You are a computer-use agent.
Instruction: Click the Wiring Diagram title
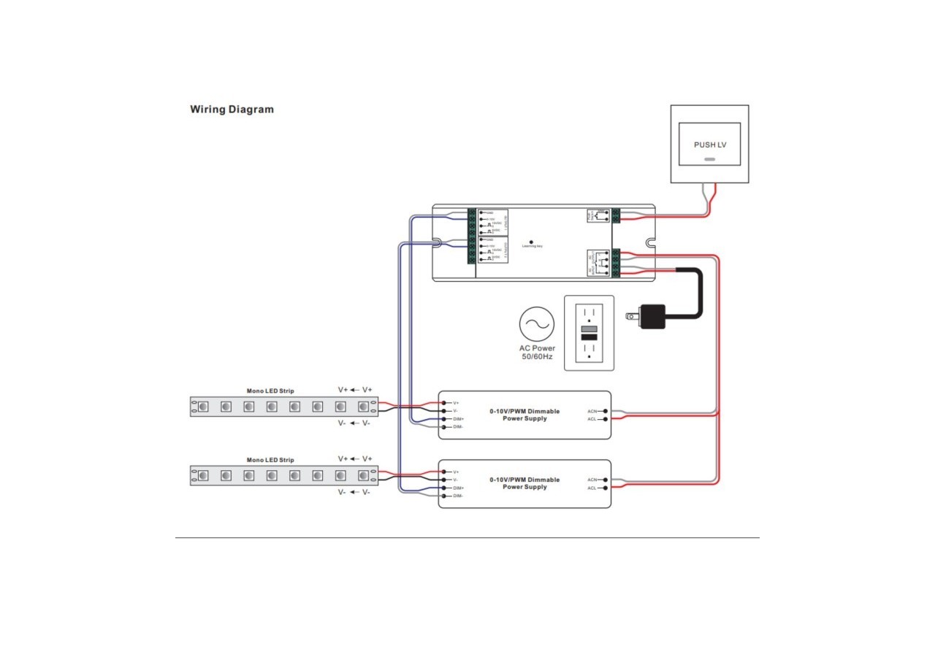click(x=232, y=109)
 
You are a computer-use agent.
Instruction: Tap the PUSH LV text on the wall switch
click(x=710, y=145)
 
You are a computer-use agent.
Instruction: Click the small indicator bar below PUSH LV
click(x=709, y=158)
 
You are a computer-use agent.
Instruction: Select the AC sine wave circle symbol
click(x=538, y=325)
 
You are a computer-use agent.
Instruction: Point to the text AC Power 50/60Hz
click(x=538, y=353)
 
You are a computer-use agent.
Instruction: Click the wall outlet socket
click(x=589, y=333)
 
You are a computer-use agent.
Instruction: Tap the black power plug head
click(x=650, y=316)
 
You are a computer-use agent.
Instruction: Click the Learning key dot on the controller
click(x=531, y=241)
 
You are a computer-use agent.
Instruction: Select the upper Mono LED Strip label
click(x=270, y=391)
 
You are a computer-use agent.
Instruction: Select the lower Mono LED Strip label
click(x=270, y=460)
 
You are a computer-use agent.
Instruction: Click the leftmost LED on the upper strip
click(x=203, y=407)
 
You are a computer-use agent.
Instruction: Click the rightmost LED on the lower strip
click(x=363, y=475)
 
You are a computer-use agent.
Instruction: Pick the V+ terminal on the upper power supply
click(x=444, y=403)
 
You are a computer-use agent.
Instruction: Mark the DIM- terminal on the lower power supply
click(x=444, y=496)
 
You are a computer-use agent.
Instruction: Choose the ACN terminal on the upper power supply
click(x=606, y=412)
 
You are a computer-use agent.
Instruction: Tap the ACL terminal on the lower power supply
click(x=606, y=488)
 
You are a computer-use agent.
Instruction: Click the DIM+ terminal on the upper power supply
click(x=444, y=419)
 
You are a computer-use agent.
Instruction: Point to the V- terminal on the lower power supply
click(x=444, y=480)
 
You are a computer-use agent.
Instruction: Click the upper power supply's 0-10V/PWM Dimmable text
click(x=524, y=411)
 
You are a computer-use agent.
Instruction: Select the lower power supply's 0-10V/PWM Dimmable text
click(x=524, y=480)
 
